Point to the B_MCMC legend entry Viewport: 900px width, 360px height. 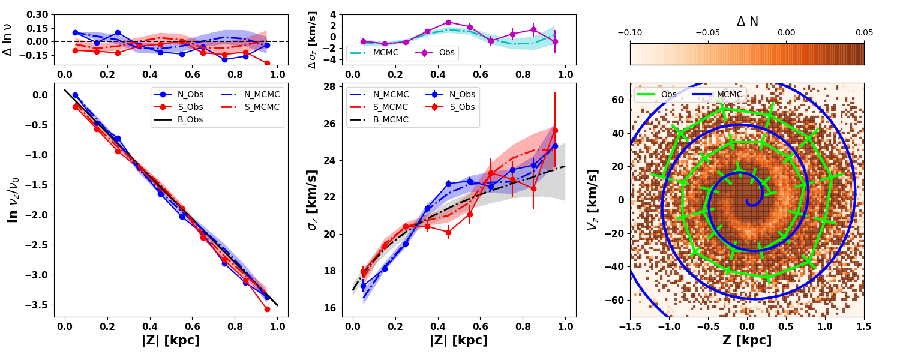[x=391, y=119]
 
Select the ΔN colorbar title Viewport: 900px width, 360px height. [x=747, y=22]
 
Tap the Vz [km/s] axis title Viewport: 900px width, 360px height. [x=593, y=199]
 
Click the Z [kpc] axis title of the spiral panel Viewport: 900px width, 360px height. [x=747, y=341]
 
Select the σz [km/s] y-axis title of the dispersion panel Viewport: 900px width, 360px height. [x=311, y=199]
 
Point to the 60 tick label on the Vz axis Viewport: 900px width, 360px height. [x=618, y=99]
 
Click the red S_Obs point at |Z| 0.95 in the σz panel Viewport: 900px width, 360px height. [x=555, y=130]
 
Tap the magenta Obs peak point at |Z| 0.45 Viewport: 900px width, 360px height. [x=448, y=22]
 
